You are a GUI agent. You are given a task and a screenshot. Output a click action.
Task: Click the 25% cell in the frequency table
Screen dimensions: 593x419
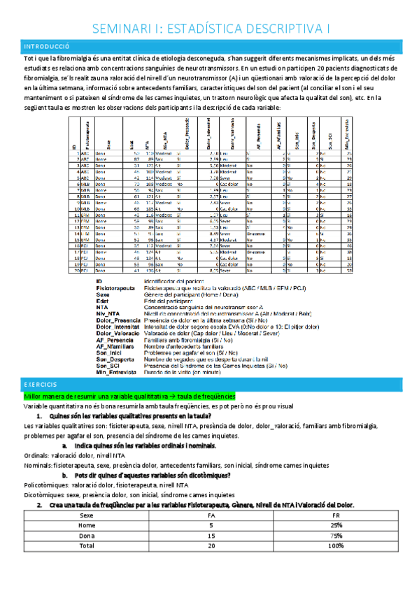pos(336,526)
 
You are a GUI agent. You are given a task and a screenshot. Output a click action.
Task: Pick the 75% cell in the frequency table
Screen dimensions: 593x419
pos(336,536)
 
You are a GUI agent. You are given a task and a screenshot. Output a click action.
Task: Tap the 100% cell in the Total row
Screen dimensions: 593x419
pos(336,545)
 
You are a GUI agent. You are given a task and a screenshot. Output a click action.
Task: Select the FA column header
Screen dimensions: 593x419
pos(211,516)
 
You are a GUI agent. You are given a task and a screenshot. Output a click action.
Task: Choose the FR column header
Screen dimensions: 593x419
pos(336,516)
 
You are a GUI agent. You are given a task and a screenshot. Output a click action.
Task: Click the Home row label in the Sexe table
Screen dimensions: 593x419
pos(87,526)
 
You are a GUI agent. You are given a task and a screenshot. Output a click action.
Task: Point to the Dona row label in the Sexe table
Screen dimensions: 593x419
pos(87,536)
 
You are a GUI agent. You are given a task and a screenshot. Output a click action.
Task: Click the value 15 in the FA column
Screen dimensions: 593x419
pos(211,536)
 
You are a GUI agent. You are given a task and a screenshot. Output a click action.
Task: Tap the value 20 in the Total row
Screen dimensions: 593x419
pos(211,545)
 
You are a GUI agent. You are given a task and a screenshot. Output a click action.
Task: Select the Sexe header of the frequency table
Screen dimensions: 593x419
pos(87,516)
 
